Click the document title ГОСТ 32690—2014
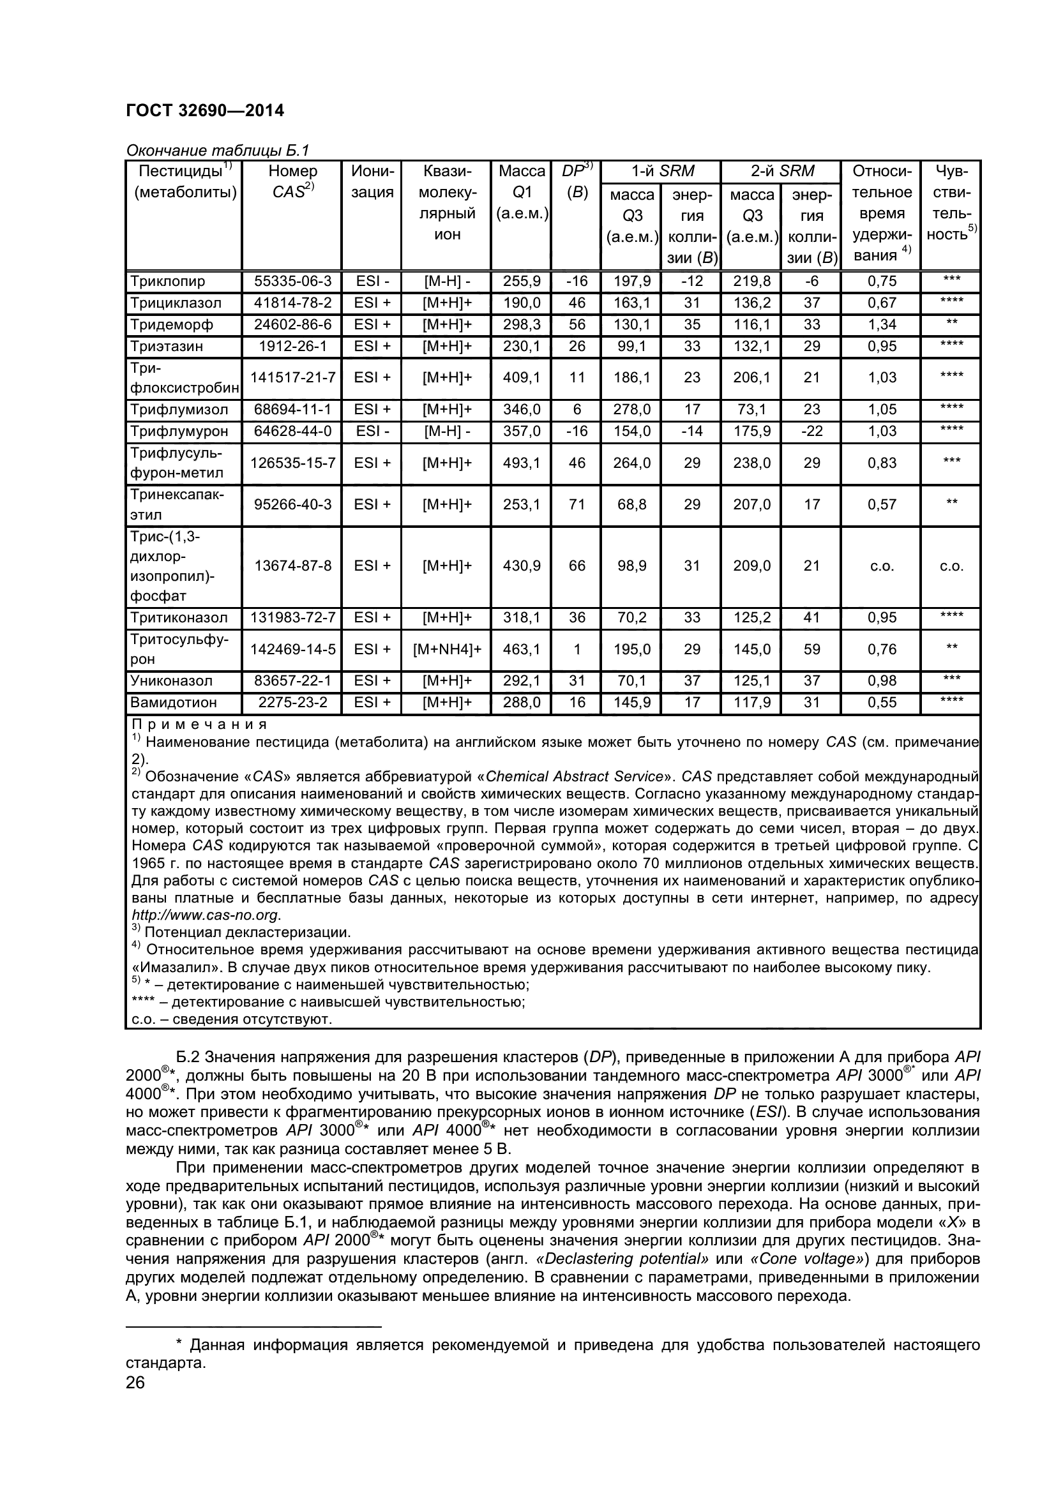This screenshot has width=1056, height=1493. [205, 110]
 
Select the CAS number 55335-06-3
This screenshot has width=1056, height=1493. [292, 281]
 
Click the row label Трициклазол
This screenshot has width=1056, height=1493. [176, 303]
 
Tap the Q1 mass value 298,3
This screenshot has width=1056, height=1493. [522, 324]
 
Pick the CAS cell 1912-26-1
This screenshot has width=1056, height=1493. [292, 346]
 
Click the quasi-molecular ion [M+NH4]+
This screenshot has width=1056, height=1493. [447, 649]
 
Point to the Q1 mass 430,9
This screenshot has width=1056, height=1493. [522, 566]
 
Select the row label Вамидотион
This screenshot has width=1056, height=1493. [174, 702]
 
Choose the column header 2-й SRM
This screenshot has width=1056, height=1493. [781, 171]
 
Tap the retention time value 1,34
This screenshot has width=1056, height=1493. [882, 324]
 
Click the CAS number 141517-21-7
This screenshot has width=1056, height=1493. [292, 377]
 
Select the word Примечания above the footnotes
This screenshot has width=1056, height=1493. [199, 724]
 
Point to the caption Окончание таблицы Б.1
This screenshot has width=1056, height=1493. [217, 151]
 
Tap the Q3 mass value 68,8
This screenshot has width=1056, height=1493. [631, 504]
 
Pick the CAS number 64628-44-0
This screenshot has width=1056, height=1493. [292, 431]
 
